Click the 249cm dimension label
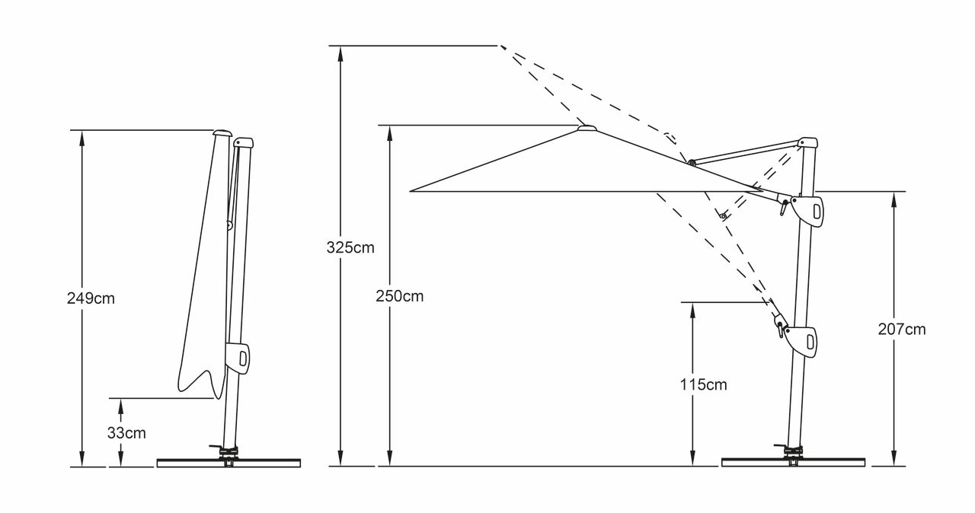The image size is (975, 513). [x=91, y=298]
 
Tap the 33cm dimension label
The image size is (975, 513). [x=126, y=433]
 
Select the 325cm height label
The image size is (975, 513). [x=350, y=247]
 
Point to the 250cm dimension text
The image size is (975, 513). [x=399, y=296]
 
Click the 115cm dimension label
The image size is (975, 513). [x=704, y=384]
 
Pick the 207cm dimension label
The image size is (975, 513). [x=902, y=330]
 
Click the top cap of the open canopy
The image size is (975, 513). [x=587, y=128]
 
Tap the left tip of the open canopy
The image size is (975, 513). [x=411, y=191]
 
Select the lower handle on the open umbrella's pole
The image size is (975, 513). [x=801, y=339]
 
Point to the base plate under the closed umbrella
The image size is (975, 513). [x=229, y=463]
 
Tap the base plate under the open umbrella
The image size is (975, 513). [x=794, y=463]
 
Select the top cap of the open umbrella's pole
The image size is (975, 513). [x=807, y=142]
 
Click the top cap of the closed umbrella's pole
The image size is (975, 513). [x=244, y=142]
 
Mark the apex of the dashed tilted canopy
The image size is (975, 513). [x=500, y=46]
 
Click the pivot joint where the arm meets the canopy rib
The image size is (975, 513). [x=691, y=162]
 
